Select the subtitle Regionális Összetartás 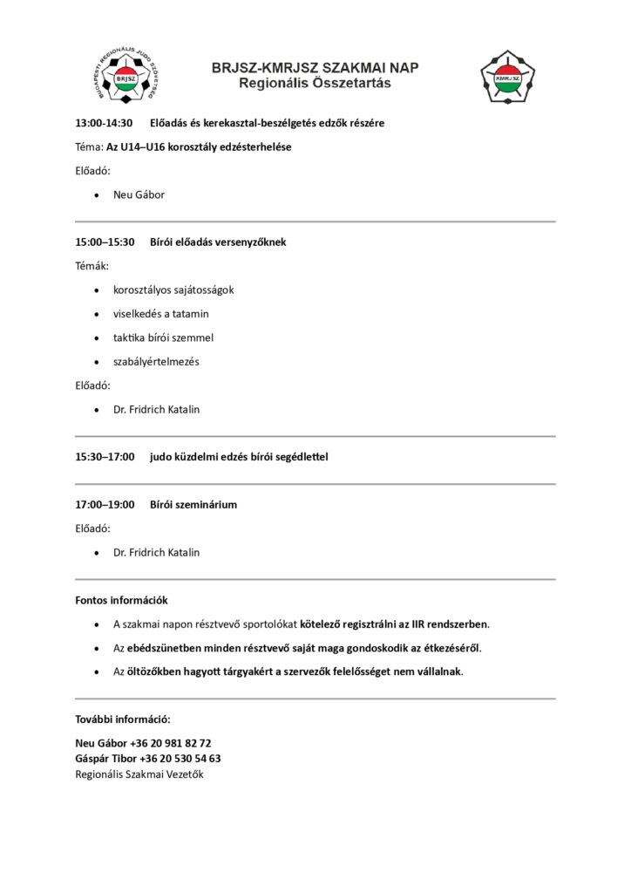pyautogui.click(x=315, y=84)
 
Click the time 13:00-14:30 pyautogui.click(x=104, y=123)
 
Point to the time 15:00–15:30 pyautogui.click(x=105, y=242)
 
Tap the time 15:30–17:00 pyautogui.click(x=105, y=456)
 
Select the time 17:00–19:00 pyautogui.click(x=105, y=504)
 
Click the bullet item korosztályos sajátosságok pyautogui.click(x=173, y=290)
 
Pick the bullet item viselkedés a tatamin pyautogui.click(x=161, y=313)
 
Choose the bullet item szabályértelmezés pyautogui.click(x=156, y=361)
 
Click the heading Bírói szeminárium pyautogui.click(x=193, y=504)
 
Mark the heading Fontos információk pyautogui.click(x=121, y=600)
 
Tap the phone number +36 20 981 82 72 pyautogui.click(x=170, y=743)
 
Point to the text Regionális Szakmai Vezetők pyautogui.click(x=139, y=774)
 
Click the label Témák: pyautogui.click(x=92, y=266)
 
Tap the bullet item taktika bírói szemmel pyautogui.click(x=163, y=337)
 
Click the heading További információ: pyautogui.click(x=123, y=719)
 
